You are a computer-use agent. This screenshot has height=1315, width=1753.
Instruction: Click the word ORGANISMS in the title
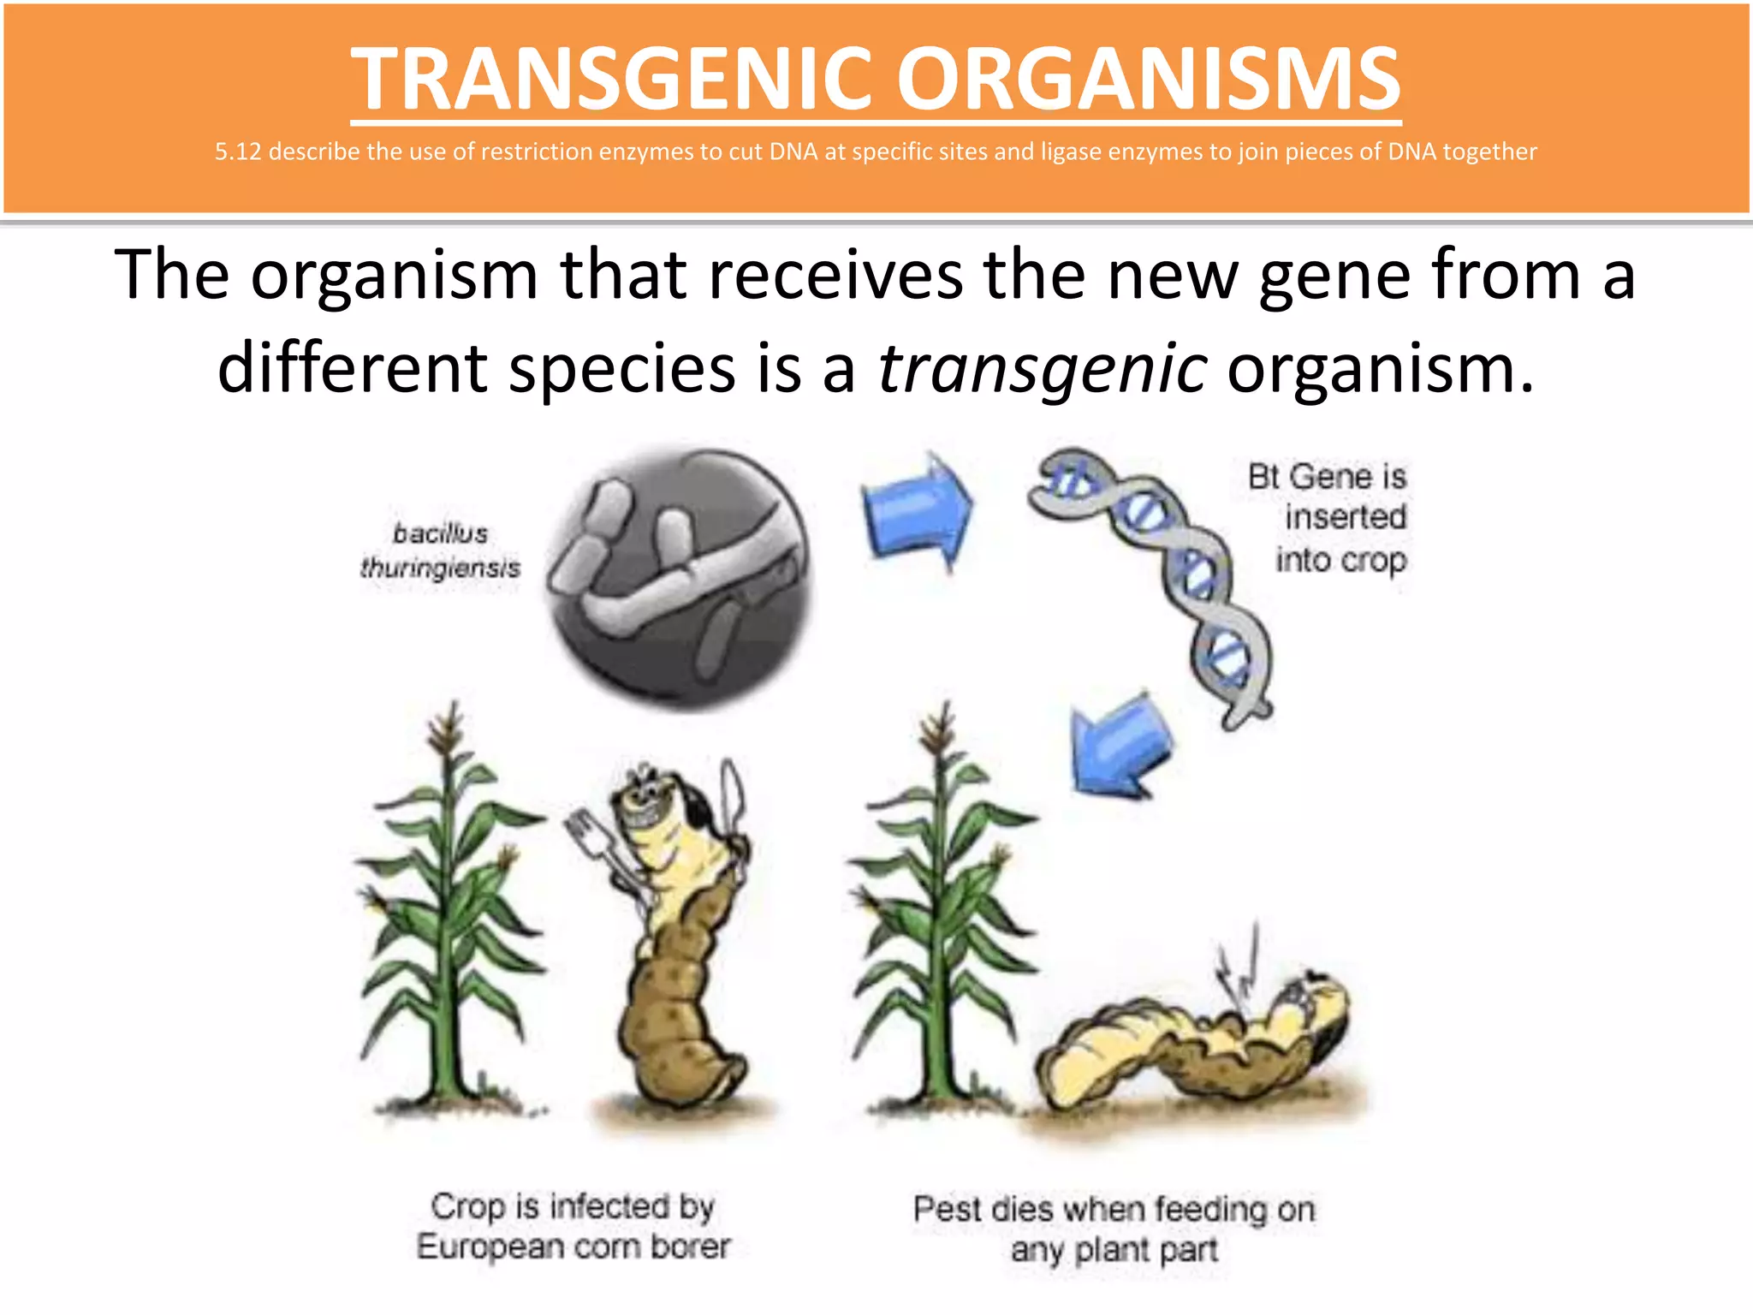[x=1147, y=79]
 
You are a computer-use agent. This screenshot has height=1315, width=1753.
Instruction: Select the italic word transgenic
[x=1043, y=368]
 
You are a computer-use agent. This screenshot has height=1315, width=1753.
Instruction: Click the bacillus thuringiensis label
[x=440, y=550]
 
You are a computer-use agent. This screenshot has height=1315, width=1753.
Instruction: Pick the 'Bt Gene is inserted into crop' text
[x=1335, y=518]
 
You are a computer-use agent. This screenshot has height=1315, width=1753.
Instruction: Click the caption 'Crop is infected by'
[x=573, y=1206]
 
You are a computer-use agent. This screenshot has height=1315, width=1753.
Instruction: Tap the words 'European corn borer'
[x=573, y=1247]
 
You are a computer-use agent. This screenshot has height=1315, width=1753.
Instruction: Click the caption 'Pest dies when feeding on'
[x=1114, y=1210]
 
